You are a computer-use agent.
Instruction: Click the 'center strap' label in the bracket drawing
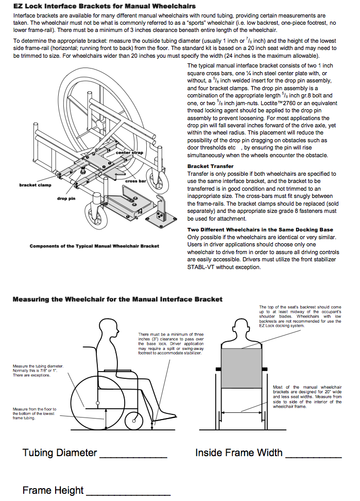click(x=130, y=153)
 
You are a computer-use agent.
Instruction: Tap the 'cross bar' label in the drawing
click(x=136, y=181)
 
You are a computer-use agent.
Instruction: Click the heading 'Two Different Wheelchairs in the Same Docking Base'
click(x=260, y=229)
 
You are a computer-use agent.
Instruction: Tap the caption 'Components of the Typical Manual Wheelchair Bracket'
click(x=94, y=246)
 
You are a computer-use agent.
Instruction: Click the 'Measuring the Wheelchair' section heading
click(x=117, y=299)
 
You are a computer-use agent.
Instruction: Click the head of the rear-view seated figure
click(x=242, y=326)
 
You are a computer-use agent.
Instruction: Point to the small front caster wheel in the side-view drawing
click(x=134, y=421)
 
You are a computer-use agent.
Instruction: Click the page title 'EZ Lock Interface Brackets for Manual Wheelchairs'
click(x=104, y=6)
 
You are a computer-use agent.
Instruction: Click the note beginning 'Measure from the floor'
click(x=35, y=413)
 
